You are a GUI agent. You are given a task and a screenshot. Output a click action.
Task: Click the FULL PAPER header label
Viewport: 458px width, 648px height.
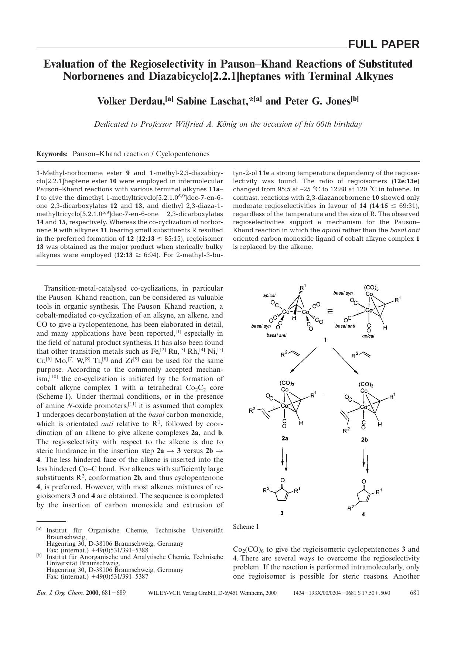pos(383,45)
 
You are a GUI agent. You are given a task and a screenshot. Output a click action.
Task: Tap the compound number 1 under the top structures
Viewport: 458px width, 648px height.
pos(325,340)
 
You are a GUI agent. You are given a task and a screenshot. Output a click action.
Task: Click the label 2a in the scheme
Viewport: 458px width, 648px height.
pos(285,438)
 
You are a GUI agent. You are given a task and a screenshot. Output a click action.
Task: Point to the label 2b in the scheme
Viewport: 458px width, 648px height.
pos(364,440)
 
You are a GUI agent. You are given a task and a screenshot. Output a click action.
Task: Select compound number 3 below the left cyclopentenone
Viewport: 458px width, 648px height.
pos(282,513)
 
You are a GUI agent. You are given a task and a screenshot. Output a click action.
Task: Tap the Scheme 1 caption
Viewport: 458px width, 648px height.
pos(246,527)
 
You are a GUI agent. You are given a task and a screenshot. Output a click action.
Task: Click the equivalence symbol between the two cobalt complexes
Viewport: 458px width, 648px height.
pos(330,311)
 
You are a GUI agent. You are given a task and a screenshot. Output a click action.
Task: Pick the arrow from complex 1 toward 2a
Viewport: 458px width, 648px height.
pos(303,360)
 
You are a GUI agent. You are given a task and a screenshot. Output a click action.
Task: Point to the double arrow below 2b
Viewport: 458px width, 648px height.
pos(366,461)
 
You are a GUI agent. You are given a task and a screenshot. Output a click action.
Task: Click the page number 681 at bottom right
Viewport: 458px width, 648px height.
pos(415,593)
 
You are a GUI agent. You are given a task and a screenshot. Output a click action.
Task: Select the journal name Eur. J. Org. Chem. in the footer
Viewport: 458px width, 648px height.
pos(60,593)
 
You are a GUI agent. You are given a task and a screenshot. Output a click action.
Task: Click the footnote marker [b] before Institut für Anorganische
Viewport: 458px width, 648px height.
pos(39,555)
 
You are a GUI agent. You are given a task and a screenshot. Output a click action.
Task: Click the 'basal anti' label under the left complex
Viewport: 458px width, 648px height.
pos(276,335)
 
